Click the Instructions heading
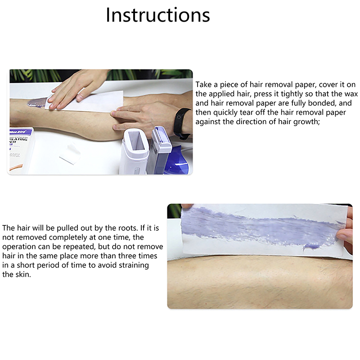158,15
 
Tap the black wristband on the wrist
181,123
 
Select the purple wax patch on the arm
37,102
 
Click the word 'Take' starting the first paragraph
203,85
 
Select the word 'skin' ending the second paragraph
23,274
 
